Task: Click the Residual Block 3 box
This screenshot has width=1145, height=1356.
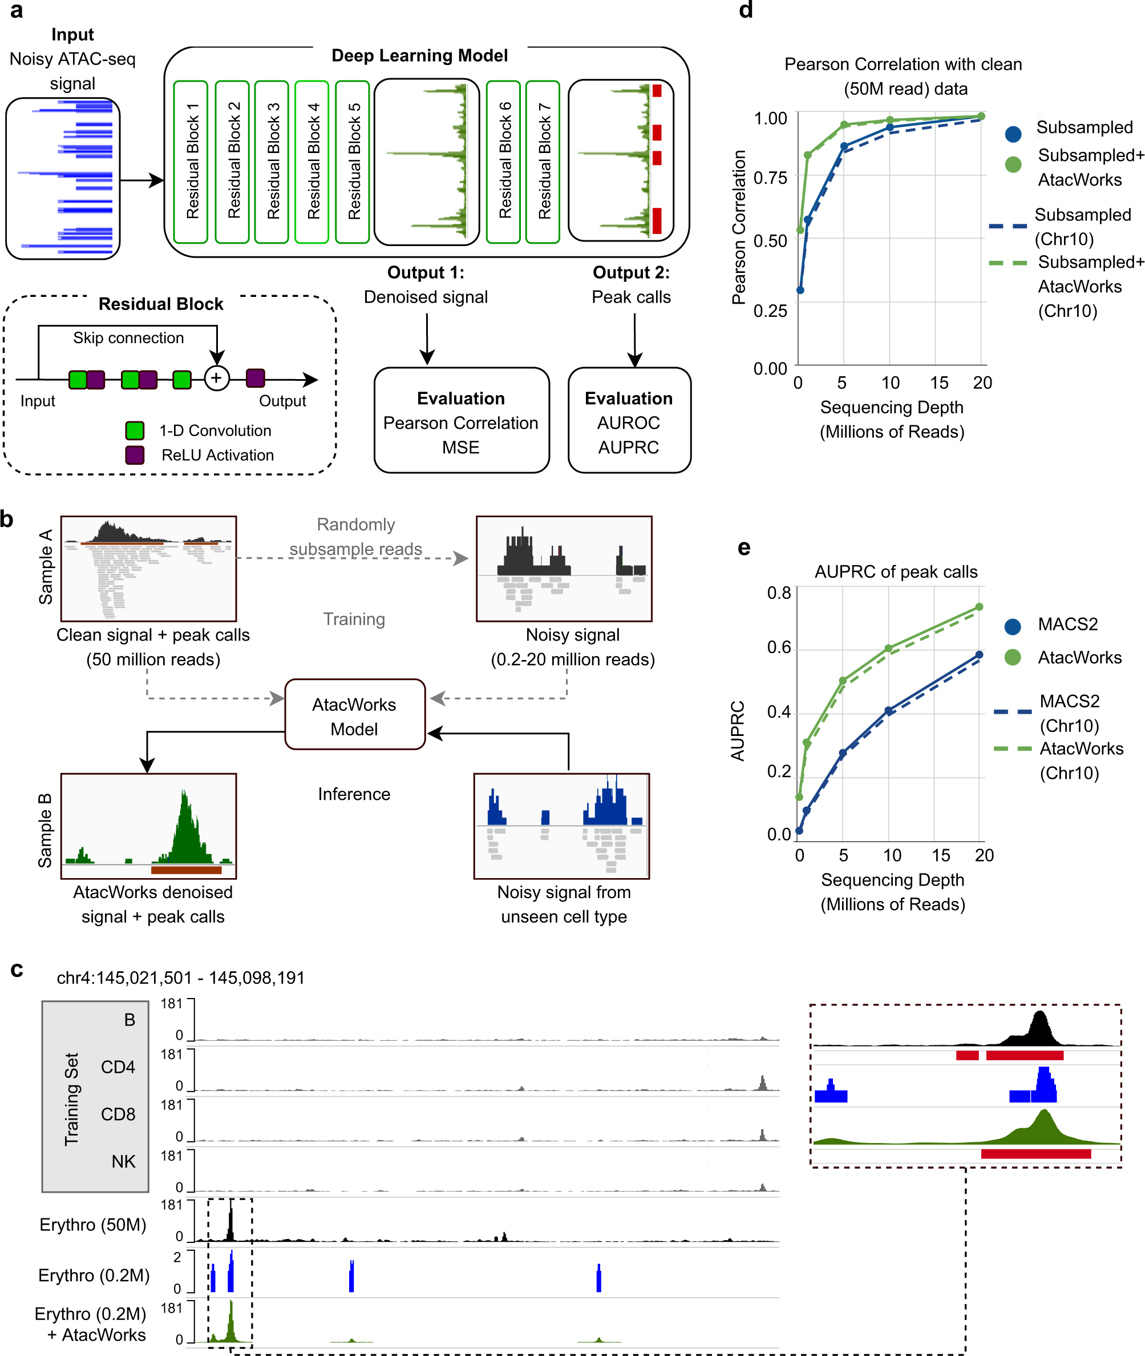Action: (272, 162)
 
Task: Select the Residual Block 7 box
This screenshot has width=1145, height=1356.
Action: (542, 162)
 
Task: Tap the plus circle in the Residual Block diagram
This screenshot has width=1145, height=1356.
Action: (217, 378)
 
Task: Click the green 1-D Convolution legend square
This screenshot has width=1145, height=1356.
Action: (135, 430)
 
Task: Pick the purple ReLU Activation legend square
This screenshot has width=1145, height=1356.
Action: (135, 454)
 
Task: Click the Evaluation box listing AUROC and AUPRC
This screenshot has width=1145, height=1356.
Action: (628, 421)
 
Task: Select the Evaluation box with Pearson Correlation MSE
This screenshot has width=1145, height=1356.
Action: (461, 421)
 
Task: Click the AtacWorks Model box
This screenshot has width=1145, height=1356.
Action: (354, 715)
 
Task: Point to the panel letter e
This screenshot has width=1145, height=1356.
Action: (744, 548)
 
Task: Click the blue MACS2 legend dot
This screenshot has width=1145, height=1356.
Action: (1012, 626)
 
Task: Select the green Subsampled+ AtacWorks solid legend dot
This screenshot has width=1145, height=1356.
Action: (1013, 164)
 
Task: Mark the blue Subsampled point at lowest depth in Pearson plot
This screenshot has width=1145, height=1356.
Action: (800, 290)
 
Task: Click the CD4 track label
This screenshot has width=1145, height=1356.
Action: (118, 1067)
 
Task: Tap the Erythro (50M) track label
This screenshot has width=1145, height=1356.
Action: (92, 1225)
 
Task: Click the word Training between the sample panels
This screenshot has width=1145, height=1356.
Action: (354, 619)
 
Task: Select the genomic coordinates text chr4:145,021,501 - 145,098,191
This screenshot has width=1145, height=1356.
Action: (180, 978)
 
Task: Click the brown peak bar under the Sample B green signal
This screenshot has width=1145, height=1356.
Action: (187, 870)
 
